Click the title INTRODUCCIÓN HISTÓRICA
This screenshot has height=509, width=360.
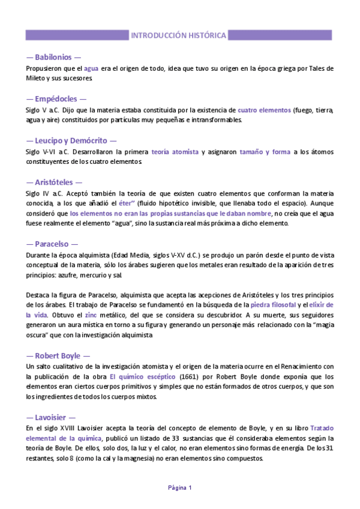pyautogui.click(x=179, y=35)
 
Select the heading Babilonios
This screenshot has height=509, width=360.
pyautogui.click(x=53, y=58)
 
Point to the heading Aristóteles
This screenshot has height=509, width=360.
pyautogui.click(x=54, y=181)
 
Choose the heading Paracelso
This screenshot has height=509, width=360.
pyautogui.click(x=52, y=244)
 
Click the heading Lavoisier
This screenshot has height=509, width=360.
pyautogui.click(x=51, y=417)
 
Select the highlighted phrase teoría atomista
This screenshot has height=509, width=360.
pyautogui.click(x=175, y=152)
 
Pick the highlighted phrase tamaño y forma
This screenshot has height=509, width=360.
pyautogui.click(x=265, y=152)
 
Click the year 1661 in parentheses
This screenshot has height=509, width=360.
pyautogui.click(x=191, y=376)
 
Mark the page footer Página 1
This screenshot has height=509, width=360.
pyautogui.click(x=179, y=487)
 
